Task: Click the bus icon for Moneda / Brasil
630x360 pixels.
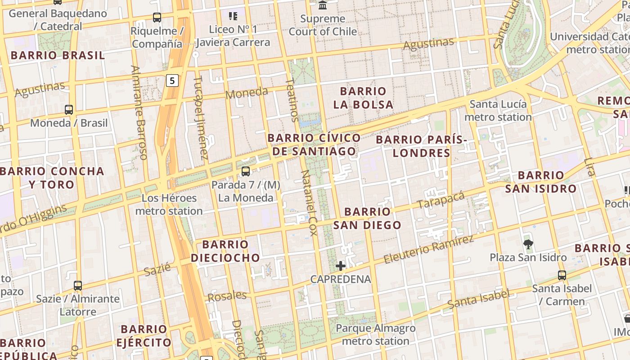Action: (x=69, y=109)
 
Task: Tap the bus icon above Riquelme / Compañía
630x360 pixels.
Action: (x=157, y=18)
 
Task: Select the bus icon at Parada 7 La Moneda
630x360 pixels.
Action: (x=245, y=171)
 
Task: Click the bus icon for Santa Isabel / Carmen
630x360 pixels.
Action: (x=562, y=275)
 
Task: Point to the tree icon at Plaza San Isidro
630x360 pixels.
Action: (x=528, y=244)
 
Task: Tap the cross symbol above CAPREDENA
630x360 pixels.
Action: (x=341, y=266)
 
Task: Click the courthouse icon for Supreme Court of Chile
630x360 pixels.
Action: (x=323, y=5)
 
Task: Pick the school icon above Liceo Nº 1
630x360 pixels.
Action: (x=233, y=16)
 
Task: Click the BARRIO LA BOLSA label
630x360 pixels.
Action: (x=363, y=98)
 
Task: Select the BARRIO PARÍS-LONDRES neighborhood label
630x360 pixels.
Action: (x=421, y=146)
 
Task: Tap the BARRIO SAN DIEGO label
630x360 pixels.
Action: (x=367, y=218)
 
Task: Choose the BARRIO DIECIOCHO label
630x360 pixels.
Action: (x=225, y=251)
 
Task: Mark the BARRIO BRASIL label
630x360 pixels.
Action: (x=58, y=55)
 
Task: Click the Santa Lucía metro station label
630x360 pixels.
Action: (x=498, y=111)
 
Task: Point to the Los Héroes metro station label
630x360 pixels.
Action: (x=169, y=204)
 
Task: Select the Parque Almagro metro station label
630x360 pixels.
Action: (x=375, y=334)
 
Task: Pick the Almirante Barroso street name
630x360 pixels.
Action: (x=139, y=112)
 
